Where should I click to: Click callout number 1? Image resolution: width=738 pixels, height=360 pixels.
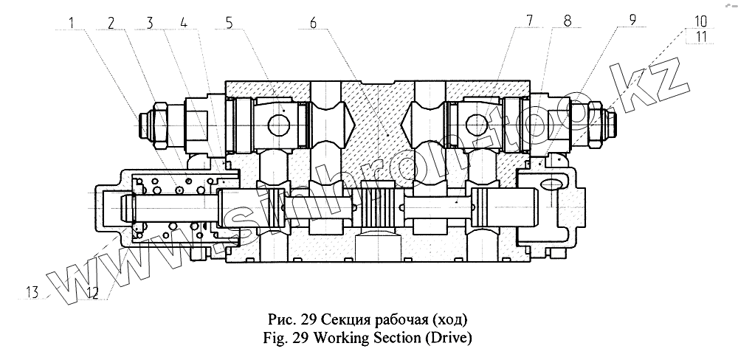click(x=72, y=22)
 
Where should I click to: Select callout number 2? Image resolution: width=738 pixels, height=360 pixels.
click(x=111, y=22)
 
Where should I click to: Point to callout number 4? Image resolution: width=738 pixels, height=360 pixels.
click(x=184, y=22)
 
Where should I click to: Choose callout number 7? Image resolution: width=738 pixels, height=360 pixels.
click(x=529, y=21)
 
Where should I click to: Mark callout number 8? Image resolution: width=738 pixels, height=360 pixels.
click(x=567, y=21)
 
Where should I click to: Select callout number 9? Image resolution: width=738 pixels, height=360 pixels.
click(x=632, y=21)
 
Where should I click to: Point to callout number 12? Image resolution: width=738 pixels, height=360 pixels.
click(x=92, y=293)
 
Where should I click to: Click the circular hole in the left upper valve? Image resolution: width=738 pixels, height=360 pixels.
click(x=280, y=125)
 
